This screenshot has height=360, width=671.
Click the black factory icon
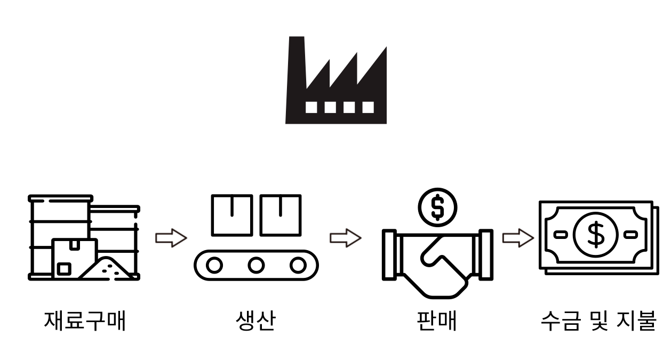click(x=335, y=85)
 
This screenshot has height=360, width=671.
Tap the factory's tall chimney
click(x=296, y=59)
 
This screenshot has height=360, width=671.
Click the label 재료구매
click(x=85, y=321)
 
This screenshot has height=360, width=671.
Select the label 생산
click(x=255, y=321)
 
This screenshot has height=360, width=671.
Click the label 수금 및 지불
click(x=598, y=321)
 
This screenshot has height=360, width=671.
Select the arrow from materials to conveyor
click(x=171, y=238)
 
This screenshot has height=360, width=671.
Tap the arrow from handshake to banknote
click(x=518, y=238)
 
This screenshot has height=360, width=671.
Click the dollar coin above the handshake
click(x=437, y=207)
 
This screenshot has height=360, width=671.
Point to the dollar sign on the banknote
click(x=595, y=234)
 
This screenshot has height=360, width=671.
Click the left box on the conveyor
click(x=231, y=215)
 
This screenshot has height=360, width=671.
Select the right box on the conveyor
click(x=281, y=215)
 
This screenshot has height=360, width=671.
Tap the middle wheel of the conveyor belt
click(x=256, y=265)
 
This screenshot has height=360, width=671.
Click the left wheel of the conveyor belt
click(x=214, y=265)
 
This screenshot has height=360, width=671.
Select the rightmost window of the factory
click(x=368, y=107)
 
